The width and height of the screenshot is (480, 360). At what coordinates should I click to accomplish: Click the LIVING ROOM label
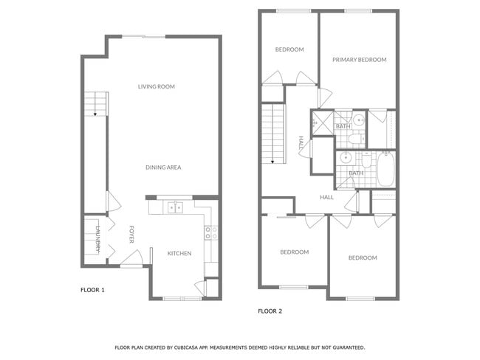156,87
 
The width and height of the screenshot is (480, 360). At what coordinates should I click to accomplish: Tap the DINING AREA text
163,167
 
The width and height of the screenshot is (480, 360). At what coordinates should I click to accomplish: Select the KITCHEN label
179,253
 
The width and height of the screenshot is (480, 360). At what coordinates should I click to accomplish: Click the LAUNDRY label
96,238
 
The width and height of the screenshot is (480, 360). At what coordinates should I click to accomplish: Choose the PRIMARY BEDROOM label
359,60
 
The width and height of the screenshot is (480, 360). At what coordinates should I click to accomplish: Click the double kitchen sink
175,208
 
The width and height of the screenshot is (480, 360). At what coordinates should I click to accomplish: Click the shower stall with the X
321,122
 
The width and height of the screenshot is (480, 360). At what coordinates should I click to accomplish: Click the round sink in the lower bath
345,158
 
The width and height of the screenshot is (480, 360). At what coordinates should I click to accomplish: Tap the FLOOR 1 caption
92,290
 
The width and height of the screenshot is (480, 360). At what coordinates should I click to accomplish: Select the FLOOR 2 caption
270,311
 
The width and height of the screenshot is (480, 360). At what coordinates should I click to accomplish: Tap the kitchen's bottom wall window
182,298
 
